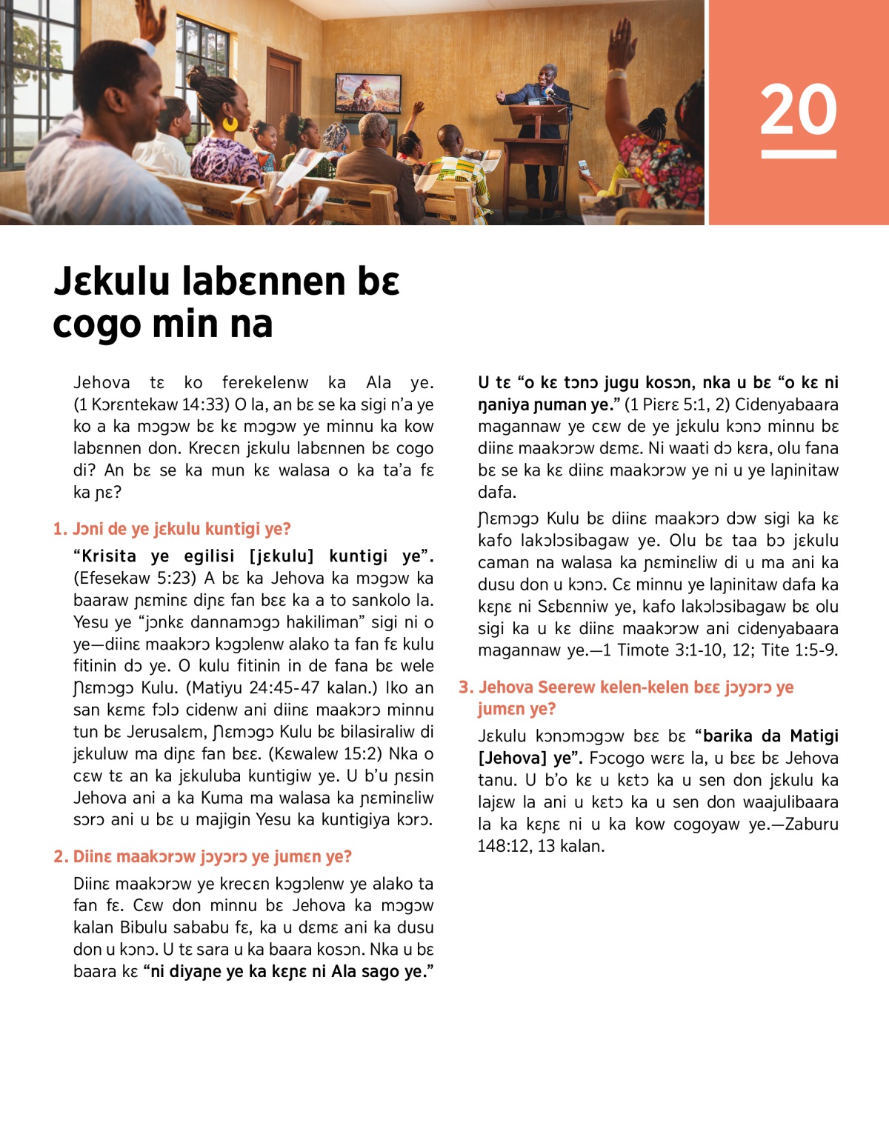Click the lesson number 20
tap(798, 110)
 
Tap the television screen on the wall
tap(367, 93)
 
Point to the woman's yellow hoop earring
tap(230, 123)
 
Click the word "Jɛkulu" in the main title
tap(112, 281)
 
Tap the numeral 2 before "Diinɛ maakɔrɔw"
tap(59, 857)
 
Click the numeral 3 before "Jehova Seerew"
tap(465, 687)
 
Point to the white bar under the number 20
tap(798, 154)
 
